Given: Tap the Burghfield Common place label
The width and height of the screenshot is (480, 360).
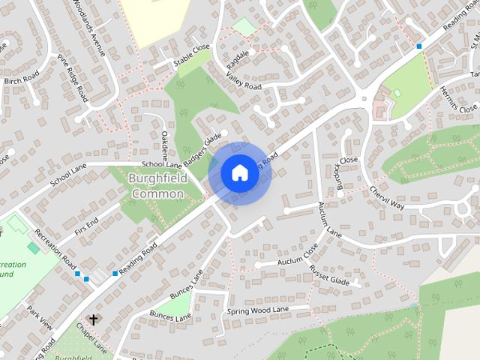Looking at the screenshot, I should point(156,187).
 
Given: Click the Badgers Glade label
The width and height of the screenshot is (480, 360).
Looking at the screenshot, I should point(201,149).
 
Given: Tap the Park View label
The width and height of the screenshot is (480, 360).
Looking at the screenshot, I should point(40,318).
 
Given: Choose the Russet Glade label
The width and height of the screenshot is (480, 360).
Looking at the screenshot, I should point(330,274).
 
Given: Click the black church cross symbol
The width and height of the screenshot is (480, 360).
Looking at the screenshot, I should point(93,319).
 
